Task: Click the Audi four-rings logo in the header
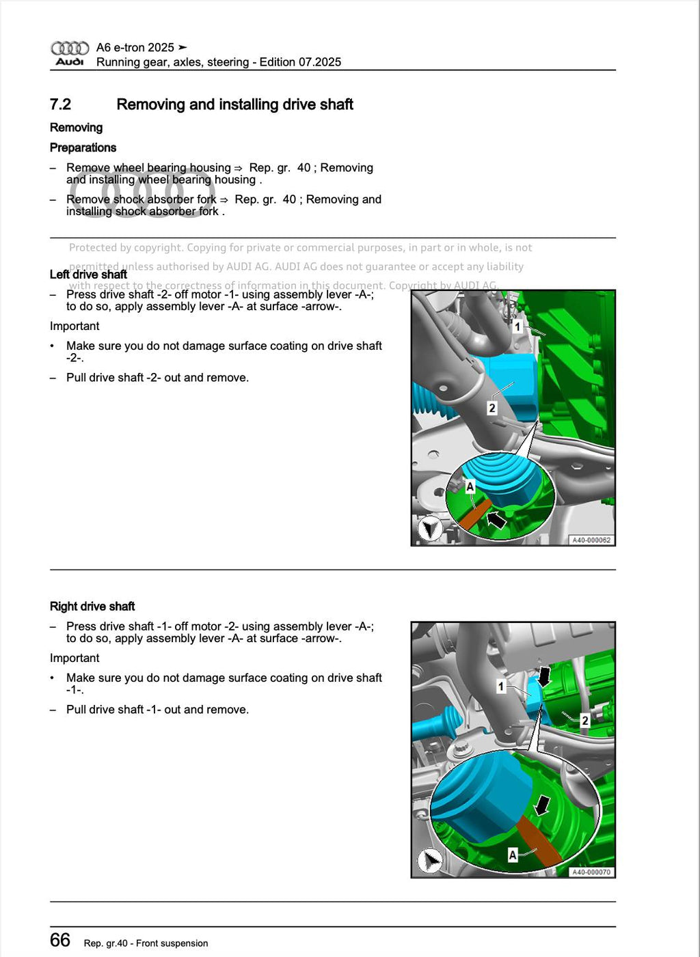(70, 48)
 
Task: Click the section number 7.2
(60, 105)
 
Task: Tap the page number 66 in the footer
(60, 940)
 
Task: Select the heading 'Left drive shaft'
(88, 275)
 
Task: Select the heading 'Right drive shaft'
(92, 607)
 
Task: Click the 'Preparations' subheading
(83, 148)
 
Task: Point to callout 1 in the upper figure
(517, 327)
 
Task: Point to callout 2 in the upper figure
(492, 408)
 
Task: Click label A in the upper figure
(470, 486)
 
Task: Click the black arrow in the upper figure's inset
(496, 520)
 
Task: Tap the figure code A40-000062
(591, 540)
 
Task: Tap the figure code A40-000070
(591, 872)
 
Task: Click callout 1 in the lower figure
(501, 686)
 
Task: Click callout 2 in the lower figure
(584, 720)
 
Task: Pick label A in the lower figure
(512, 855)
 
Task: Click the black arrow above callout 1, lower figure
(544, 676)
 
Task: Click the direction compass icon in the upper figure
(430, 529)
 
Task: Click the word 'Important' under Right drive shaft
(75, 658)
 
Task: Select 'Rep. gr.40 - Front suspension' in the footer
(146, 943)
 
